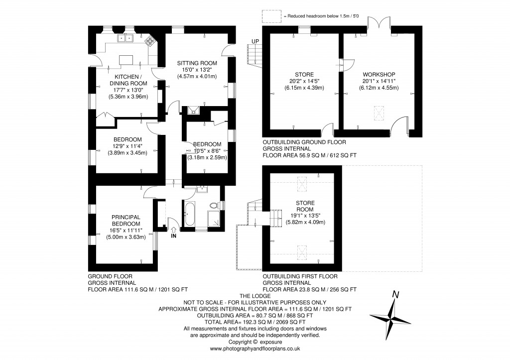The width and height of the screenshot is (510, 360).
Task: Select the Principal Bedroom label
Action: pos(126,220)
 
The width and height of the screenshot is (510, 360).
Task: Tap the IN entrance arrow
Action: pos(173,231)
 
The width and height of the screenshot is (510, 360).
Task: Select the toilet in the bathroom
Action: pos(215,205)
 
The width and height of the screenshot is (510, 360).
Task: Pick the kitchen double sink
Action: pos(125,38)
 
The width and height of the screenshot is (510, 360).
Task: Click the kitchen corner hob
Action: pos(150,41)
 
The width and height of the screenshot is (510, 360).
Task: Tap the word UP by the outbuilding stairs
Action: pos(255,41)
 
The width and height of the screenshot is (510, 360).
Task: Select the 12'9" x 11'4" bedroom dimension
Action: pos(127,146)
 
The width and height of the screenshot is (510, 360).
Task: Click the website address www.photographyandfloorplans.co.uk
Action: pos(255,349)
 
